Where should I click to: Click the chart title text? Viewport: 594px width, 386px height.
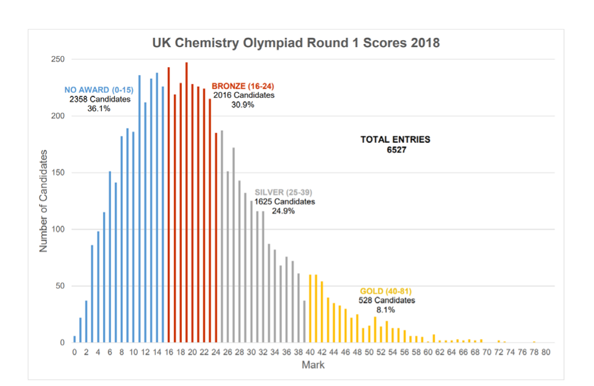(296, 43)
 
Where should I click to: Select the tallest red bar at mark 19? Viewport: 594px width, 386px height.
(186, 202)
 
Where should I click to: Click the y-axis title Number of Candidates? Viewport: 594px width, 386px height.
(43, 202)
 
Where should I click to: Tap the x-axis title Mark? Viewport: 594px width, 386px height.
(313, 365)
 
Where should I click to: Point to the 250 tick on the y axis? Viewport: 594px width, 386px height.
(59, 59)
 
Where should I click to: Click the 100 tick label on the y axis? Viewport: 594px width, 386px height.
(59, 230)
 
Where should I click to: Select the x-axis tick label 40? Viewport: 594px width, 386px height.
(310, 352)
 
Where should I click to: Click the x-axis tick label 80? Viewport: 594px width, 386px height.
(546, 352)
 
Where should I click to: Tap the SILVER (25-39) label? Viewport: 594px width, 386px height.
(284, 192)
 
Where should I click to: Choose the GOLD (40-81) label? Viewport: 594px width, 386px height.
(386, 291)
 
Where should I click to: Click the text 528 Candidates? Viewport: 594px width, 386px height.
(386, 300)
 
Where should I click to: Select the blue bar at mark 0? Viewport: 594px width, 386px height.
(74, 339)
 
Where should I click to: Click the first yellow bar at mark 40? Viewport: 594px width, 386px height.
(310, 308)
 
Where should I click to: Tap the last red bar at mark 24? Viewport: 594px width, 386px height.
(216, 238)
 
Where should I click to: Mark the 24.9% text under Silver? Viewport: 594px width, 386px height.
(284, 211)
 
